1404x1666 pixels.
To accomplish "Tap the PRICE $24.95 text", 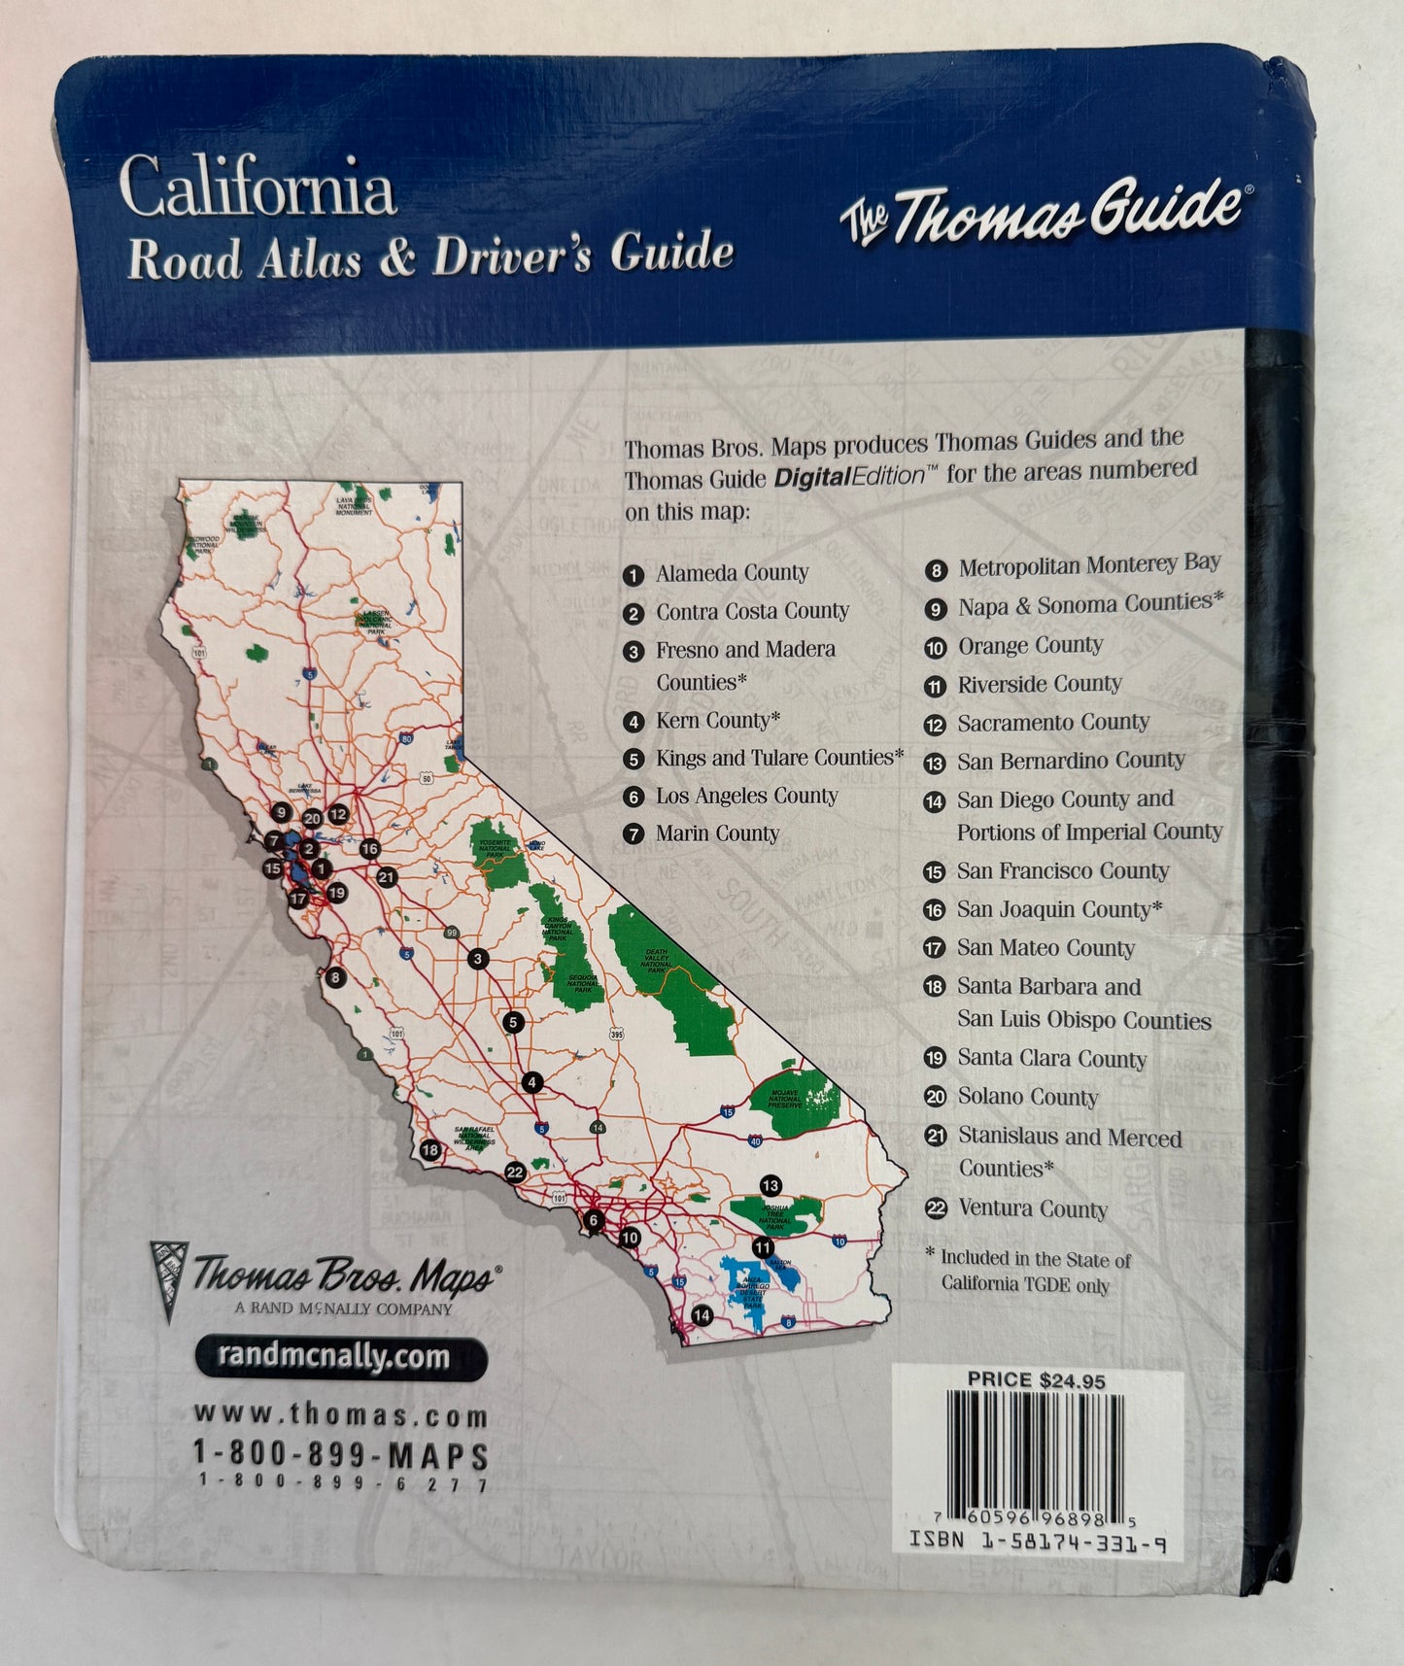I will [x=1036, y=1379].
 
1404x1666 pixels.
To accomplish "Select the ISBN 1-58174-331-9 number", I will [x=1037, y=1541].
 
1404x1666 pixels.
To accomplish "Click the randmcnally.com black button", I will [x=341, y=1357].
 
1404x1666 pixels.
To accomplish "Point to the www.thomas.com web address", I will [x=341, y=1415].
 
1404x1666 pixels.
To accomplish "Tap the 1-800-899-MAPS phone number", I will [x=341, y=1454].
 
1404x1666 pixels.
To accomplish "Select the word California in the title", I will [x=257, y=187].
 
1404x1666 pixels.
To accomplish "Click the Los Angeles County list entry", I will [x=745, y=796].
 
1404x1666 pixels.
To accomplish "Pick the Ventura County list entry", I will [x=1032, y=1208].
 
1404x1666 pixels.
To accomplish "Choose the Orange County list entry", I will [x=1030, y=646].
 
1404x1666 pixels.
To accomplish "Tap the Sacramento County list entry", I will [x=1052, y=723].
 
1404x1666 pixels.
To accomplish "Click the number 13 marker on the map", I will [x=770, y=1185].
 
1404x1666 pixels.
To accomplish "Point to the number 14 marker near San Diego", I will [x=702, y=1315].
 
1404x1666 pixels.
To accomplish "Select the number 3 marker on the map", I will [x=477, y=959].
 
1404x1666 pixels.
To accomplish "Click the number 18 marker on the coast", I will [x=430, y=1150].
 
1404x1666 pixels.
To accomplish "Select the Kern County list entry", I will [x=717, y=720].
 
